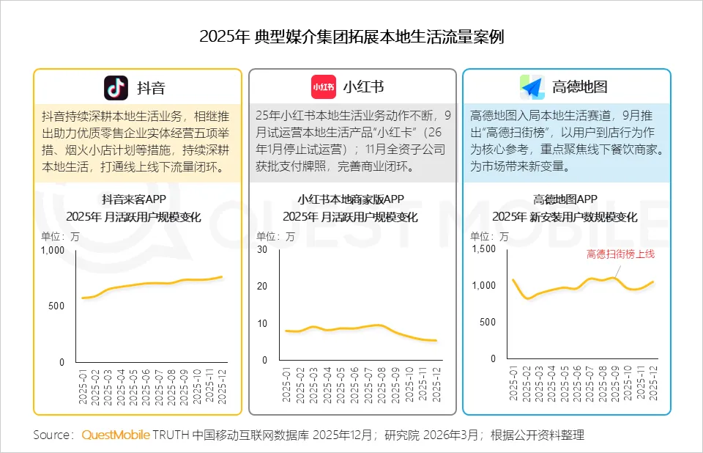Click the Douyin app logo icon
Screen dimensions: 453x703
point(116,87)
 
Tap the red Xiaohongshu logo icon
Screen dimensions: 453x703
point(324,87)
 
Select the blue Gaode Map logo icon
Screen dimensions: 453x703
point(532,87)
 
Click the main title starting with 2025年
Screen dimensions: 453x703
point(351,37)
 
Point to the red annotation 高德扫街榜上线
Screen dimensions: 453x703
point(620,254)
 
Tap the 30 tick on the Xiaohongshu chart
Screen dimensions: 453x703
point(262,249)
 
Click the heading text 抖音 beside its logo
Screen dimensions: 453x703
point(152,88)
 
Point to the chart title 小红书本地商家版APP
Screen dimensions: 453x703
point(351,199)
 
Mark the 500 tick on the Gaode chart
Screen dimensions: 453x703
point(488,323)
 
